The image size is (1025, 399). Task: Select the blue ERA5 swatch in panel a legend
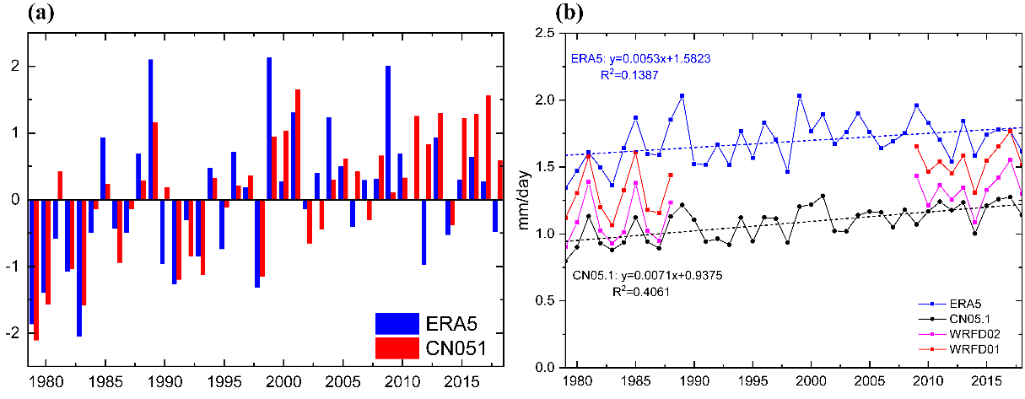point(397,323)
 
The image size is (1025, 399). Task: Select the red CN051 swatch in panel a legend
point(397,347)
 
